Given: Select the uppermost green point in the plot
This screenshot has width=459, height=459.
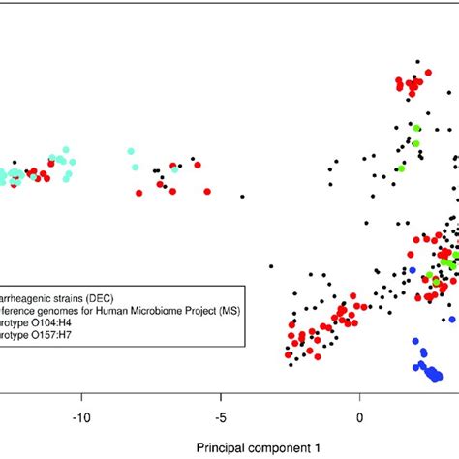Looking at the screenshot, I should click(417, 128).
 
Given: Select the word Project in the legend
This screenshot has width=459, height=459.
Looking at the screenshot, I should click(198, 310).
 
